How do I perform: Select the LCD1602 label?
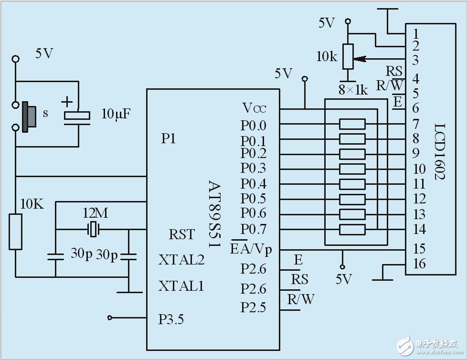pyautogui.click(x=440, y=152)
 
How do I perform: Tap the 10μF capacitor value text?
pyautogui.click(x=116, y=114)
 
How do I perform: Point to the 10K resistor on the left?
pyautogui.click(x=16, y=232)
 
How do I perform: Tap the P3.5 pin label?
pyautogui.click(x=171, y=319)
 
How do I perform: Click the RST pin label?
pyautogui.click(x=181, y=234)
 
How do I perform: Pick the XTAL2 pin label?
pyautogui.click(x=181, y=260)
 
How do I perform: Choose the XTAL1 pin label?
pyautogui.click(x=181, y=286)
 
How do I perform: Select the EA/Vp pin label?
pyautogui.click(x=255, y=248)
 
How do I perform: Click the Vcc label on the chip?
pyautogui.click(x=254, y=108)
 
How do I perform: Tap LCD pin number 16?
pyautogui.click(x=419, y=264)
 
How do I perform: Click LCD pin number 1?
pyautogui.click(x=416, y=33)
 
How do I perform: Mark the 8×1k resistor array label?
pyautogui.click(x=353, y=90)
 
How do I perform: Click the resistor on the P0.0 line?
pyautogui.click(x=352, y=125)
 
